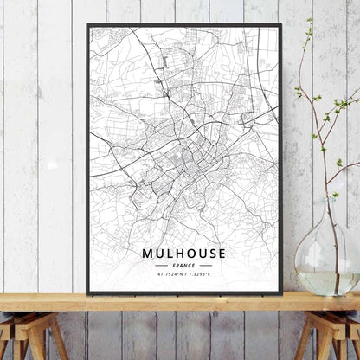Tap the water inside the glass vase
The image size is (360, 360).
[328, 281]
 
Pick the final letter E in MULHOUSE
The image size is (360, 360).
[222, 254]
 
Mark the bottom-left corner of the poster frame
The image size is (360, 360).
[88, 293]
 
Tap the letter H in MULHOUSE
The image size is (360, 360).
[176, 254]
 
